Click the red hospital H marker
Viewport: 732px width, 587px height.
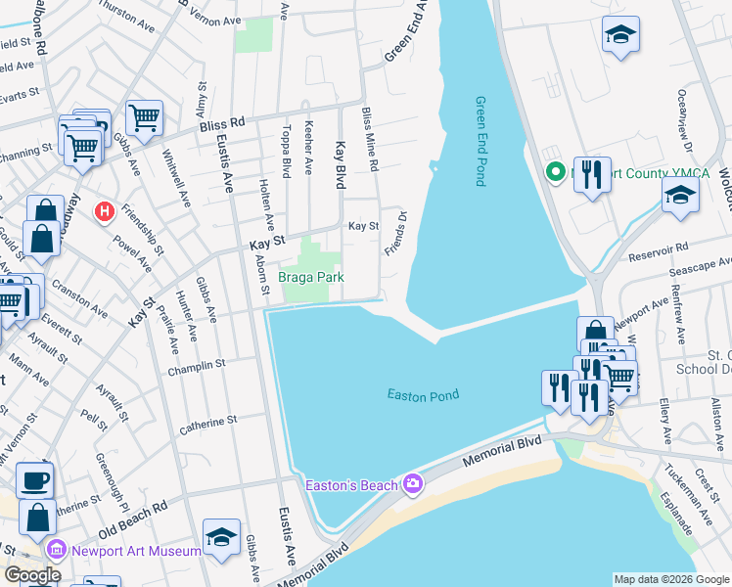pyautogui.click(x=104, y=210)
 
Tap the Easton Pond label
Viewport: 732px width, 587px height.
pyautogui.click(x=423, y=395)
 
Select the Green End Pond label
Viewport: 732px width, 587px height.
pyautogui.click(x=480, y=141)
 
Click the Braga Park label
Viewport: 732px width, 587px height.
pyautogui.click(x=310, y=277)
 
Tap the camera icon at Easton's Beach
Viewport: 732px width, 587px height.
pyautogui.click(x=413, y=484)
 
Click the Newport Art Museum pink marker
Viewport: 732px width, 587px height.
pyautogui.click(x=55, y=551)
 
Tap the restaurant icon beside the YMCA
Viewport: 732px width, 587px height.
pyautogui.click(x=591, y=175)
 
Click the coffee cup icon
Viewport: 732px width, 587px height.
pyautogui.click(x=35, y=480)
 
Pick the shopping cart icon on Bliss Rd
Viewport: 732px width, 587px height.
pyautogui.click(x=144, y=117)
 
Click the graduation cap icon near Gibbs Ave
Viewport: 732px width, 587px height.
pyautogui.click(x=221, y=536)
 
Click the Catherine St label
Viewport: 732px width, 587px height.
pyautogui.click(x=207, y=423)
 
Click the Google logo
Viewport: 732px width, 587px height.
pyautogui.click(x=32, y=575)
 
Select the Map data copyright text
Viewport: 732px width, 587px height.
pyautogui.click(x=670, y=579)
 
